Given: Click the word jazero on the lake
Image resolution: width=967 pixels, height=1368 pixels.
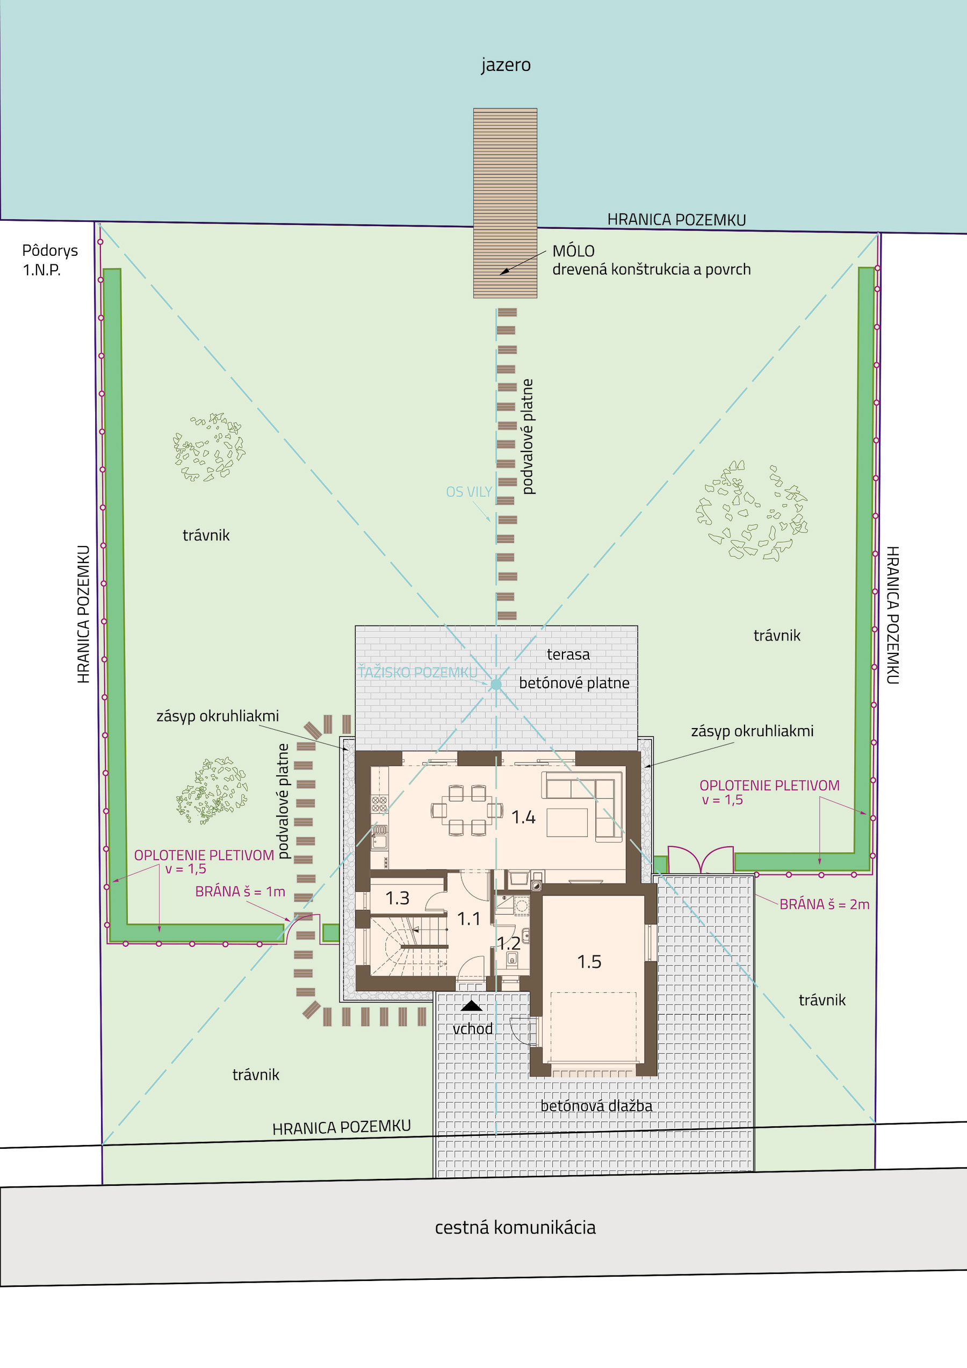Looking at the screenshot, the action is click(506, 64).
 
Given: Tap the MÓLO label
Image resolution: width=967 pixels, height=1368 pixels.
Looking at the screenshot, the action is click(573, 250).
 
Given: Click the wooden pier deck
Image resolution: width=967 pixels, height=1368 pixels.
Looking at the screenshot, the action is click(505, 203).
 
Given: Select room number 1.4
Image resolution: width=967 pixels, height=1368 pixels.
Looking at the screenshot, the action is click(523, 817).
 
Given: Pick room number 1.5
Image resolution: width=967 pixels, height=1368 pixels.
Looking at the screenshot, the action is click(589, 962).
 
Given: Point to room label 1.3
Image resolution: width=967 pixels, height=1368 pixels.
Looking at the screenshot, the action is click(398, 898).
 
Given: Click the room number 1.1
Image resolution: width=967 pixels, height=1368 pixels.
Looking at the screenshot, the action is click(468, 919).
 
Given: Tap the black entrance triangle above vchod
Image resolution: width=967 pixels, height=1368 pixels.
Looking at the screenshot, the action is click(472, 1006).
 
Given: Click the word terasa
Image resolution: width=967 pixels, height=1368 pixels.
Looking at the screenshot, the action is click(568, 654).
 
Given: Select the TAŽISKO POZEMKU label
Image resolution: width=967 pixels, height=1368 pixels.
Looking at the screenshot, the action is click(417, 672).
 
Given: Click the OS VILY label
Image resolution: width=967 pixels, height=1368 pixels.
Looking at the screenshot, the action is click(469, 492).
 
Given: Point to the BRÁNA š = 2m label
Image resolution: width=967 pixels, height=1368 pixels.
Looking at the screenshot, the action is click(825, 904).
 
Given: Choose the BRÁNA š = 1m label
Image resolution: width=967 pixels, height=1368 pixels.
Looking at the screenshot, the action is click(240, 891).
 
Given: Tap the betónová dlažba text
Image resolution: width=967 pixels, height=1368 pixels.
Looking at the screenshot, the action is click(596, 1106).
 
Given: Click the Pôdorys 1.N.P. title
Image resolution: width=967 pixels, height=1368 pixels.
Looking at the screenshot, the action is click(50, 260).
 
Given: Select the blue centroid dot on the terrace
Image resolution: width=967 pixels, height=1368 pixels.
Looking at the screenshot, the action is click(496, 685).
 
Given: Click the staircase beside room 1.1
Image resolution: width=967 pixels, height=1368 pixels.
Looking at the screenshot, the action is click(409, 947).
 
